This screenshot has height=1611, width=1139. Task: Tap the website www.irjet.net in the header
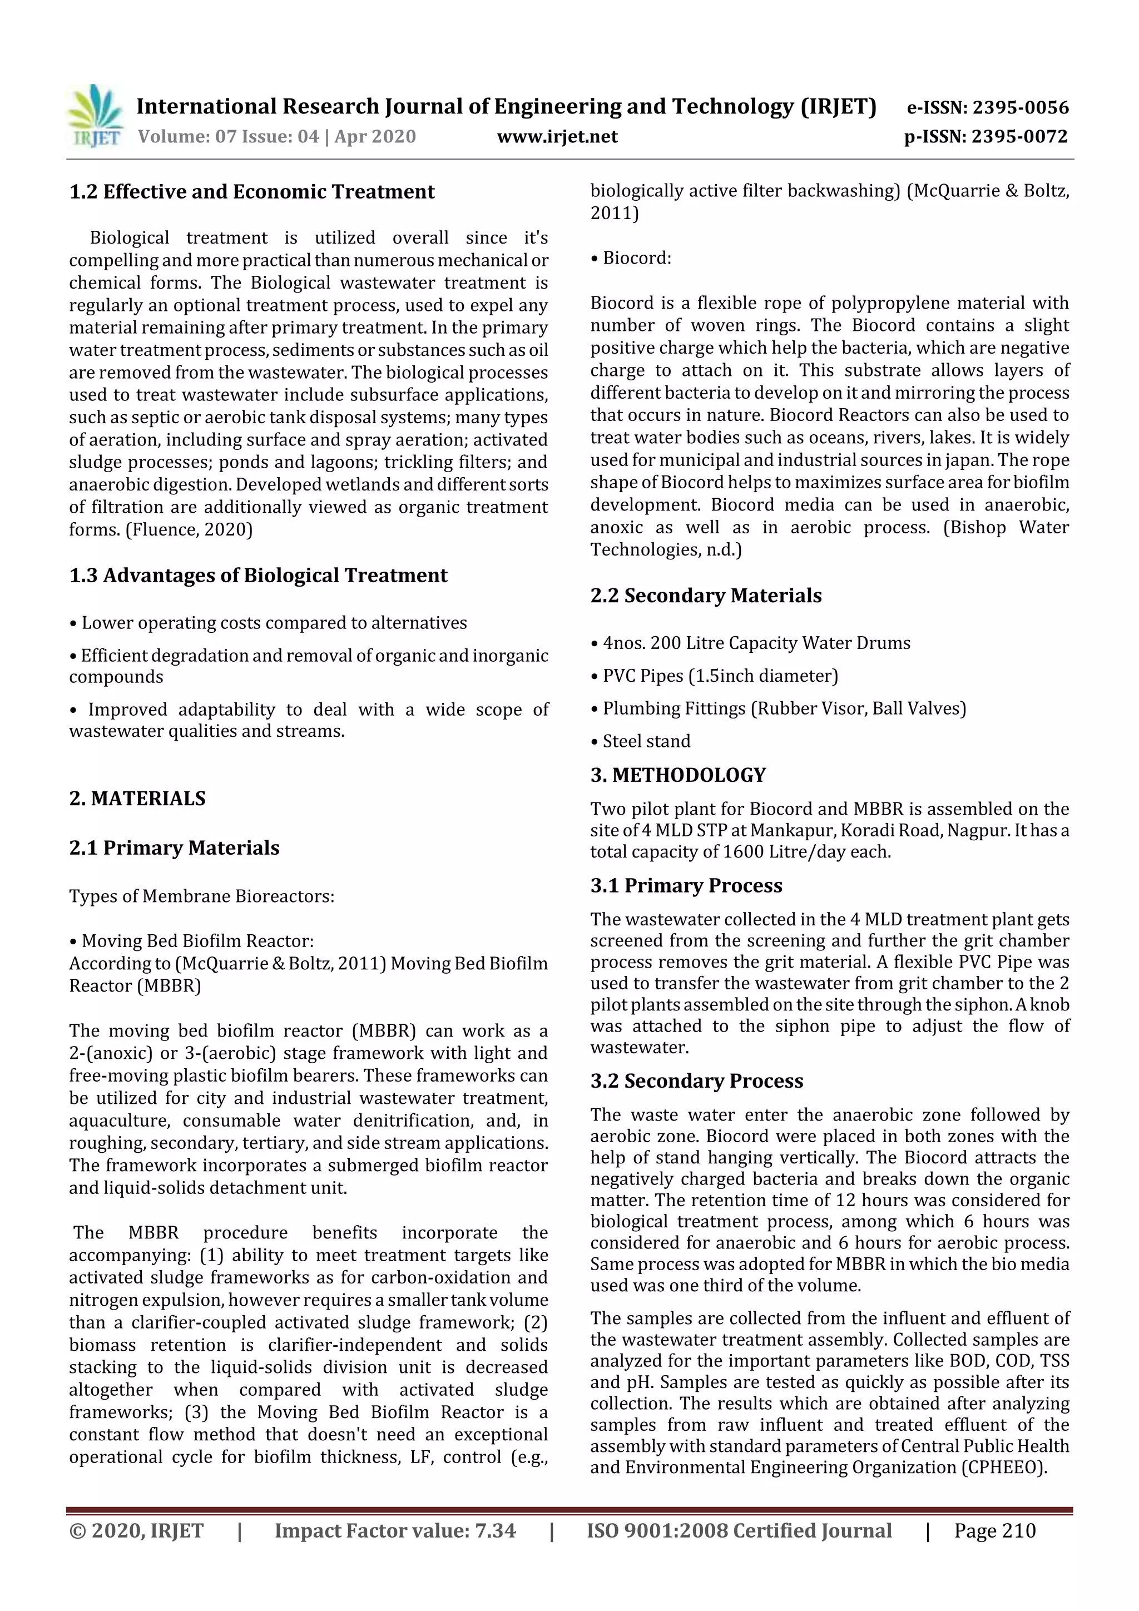coord(557,136)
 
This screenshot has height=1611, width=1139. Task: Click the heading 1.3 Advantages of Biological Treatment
coord(258,576)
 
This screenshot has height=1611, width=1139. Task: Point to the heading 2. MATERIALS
coord(137,799)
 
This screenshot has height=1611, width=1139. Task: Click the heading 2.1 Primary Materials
coord(174,847)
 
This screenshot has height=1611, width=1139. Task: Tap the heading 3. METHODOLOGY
coord(678,775)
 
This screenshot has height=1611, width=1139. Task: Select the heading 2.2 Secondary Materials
coord(705,596)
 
